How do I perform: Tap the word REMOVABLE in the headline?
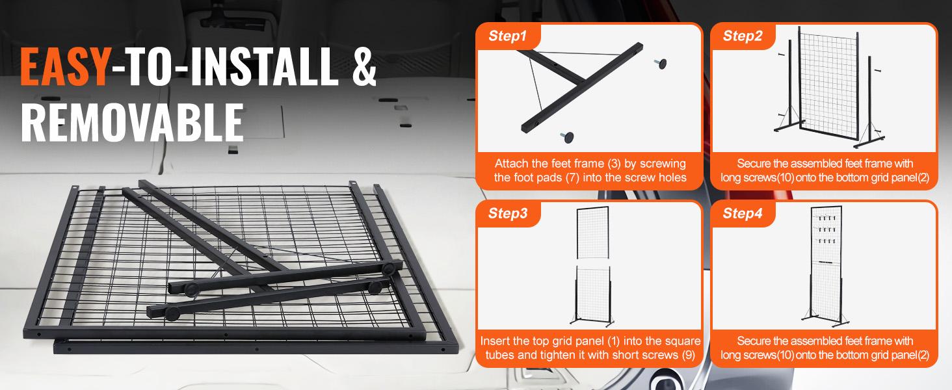point(132,121)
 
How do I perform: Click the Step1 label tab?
point(507,36)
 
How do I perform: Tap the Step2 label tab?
point(742,36)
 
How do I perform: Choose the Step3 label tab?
point(507,213)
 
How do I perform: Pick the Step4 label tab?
point(742,213)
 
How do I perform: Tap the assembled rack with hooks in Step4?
point(825,266)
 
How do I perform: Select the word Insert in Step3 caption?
point(494,341)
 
